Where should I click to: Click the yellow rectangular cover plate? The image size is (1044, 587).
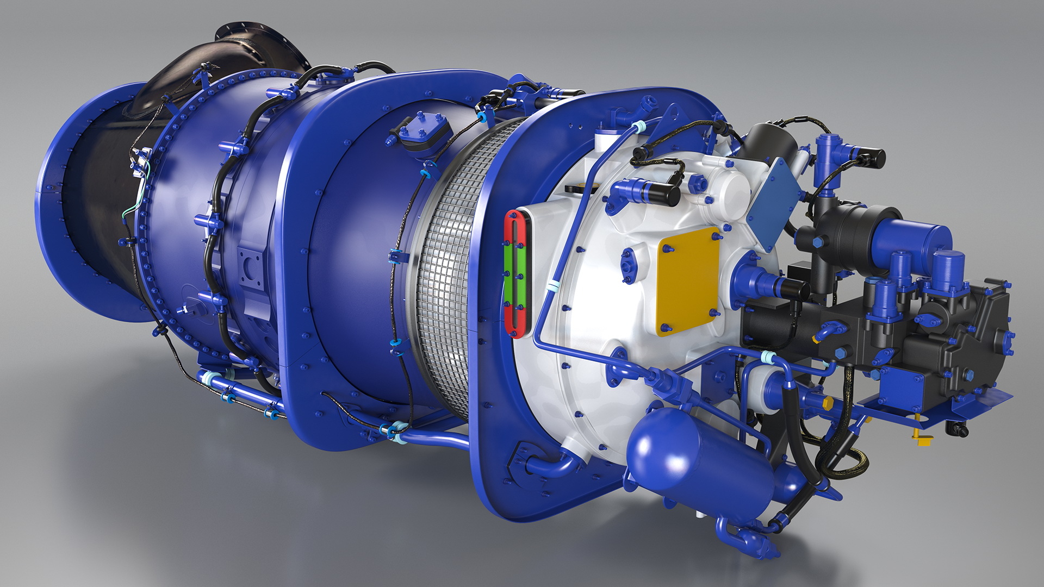(688, 281)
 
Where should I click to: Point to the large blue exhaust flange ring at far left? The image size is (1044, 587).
(60, 207)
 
